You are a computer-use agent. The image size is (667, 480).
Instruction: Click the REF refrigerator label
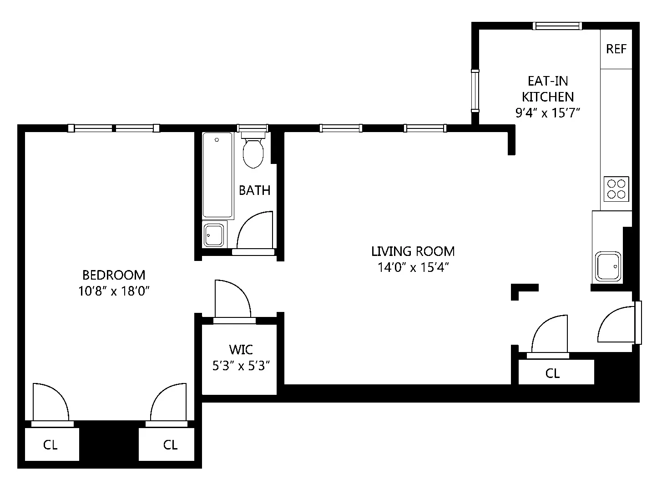click(616, 49)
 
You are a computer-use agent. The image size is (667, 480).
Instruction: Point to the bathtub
click(217, 175)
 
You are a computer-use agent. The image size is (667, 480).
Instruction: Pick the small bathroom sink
click(214, 235)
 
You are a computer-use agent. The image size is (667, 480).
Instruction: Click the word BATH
click(254, 190)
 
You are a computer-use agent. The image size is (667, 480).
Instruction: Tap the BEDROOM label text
click(114, 275)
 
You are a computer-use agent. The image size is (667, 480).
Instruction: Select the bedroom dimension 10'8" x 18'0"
click(114, 291)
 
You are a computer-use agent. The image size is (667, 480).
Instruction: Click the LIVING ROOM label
click(413, 251)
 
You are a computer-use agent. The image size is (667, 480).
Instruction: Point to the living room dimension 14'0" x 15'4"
click(413, 267)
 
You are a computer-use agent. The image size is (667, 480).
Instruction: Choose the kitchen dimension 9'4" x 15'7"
click(548, 112)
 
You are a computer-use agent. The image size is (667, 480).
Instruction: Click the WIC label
click(241, 350)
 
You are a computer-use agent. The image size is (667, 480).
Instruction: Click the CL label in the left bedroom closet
click(51, 444)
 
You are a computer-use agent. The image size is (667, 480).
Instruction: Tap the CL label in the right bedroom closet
click(170, 444)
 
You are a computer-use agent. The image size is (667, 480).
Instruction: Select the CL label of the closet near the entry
click(552, 373)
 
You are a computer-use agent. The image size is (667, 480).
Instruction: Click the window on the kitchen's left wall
click(475, 91)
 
